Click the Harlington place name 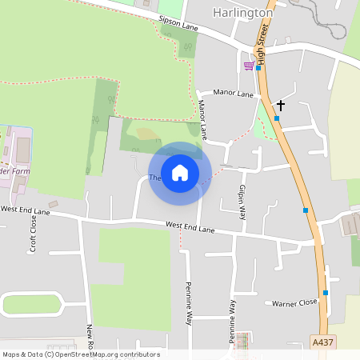click(x=243, y=13)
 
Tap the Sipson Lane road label click(x=178, y=26)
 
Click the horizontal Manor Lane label click(x=234, y=94)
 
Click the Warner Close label click(x=294, y=303)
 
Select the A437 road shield click(x=322, y=342)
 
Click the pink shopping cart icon click(x=249, y=66)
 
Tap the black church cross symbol click(x=280, y=105)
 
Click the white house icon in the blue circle click(x=180, y=172)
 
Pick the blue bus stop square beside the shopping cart click(x=258, y=68)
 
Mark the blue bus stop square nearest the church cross click(x=277, y=118)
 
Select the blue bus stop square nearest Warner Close click(x=325, y=293)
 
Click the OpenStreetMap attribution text click(x=81, y=354)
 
